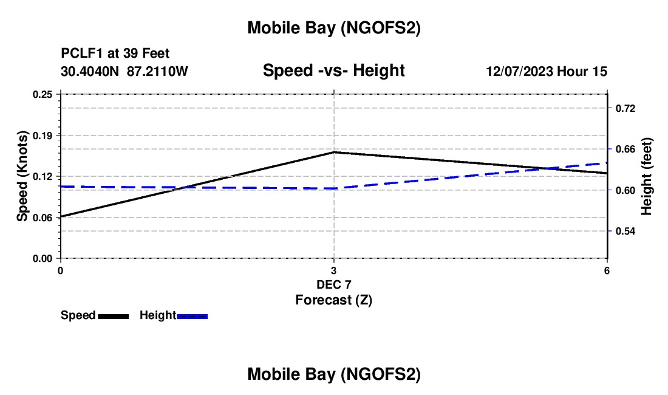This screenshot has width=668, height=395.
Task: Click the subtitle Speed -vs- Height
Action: click(x=333, y=71)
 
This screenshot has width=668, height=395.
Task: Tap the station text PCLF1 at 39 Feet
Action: click(x=115, y=54)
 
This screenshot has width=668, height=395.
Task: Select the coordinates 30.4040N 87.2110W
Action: click(x=124, y=72)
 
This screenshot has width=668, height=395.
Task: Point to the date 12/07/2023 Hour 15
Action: click(x=547, y=72)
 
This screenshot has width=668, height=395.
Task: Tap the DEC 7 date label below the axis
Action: click(x=334, y=284)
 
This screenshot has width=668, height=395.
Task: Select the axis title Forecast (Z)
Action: click(x=333, y=300)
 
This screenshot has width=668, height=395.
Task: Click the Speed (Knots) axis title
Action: click(x=22, y=176)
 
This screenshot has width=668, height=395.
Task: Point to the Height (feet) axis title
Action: click(x=647, y=176)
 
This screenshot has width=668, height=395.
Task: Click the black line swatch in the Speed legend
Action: click(x=113, y=316)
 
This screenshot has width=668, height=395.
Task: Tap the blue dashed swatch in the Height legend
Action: click(x=193, y=316)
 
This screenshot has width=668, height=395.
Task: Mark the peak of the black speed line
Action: click(x=334, y=152)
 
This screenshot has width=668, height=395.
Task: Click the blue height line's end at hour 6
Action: click(x=607, y=163)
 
